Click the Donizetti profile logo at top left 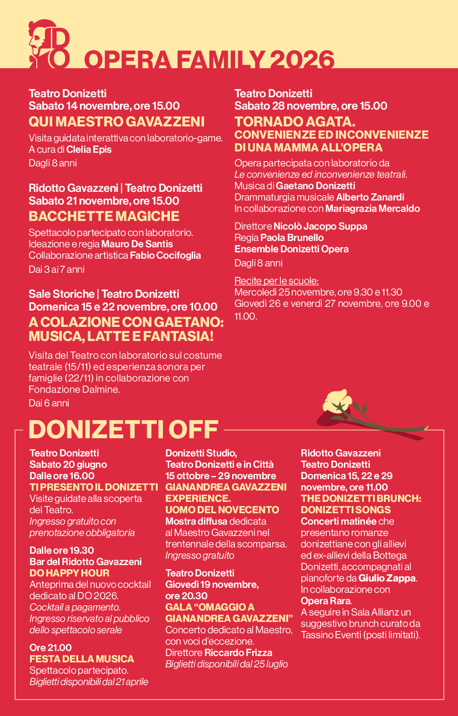point(49,44)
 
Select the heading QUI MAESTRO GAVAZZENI point(116,121)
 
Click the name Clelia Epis point(89,150)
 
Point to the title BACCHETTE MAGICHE point(104,216)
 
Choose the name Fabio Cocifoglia point(165,255)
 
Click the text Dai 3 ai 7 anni point(56,269)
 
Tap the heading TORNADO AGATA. point(295,121)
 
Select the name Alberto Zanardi point(370,197)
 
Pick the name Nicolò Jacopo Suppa point(320,226)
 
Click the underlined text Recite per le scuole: point(276,280)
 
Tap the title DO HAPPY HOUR point(70,573)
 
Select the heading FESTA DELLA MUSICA point(82,659)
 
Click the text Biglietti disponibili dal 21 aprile point(89,681)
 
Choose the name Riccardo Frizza point(238,653)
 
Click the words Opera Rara point(325,601)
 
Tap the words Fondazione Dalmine point(74,389)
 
